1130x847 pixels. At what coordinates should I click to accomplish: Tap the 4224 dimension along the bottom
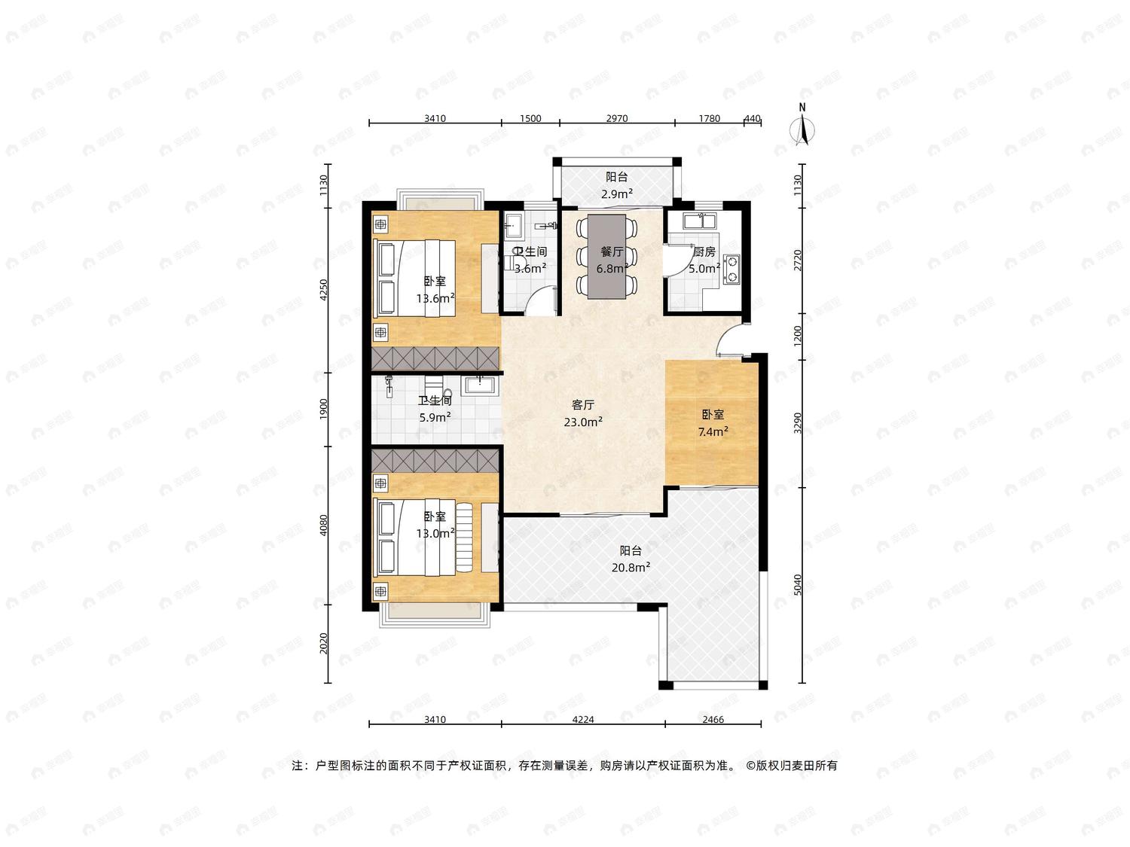pos(583,720)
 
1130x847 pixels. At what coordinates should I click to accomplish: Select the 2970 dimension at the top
pos(616,118)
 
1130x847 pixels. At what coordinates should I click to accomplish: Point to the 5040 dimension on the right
pos(798,585)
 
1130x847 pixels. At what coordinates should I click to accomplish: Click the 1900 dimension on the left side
pos(323,409)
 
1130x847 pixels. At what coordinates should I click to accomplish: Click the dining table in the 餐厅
pos(607,256)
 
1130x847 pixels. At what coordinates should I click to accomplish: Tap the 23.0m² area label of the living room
pos(583,422)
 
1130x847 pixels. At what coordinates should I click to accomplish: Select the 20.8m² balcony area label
pos(631,568)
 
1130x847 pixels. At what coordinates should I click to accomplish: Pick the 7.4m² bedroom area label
pos(713,432)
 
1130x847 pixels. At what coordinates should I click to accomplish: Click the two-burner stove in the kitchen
pos(731,269)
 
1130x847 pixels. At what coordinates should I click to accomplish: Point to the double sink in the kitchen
pos(699,221)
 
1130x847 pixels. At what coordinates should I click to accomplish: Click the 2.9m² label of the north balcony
pos(617,194)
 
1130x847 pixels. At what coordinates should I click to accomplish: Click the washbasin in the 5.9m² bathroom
pos(480,385)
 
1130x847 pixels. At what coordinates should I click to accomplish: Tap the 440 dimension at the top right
pos(752,118)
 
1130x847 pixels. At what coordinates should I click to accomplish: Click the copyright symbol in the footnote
pos(751,766)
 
